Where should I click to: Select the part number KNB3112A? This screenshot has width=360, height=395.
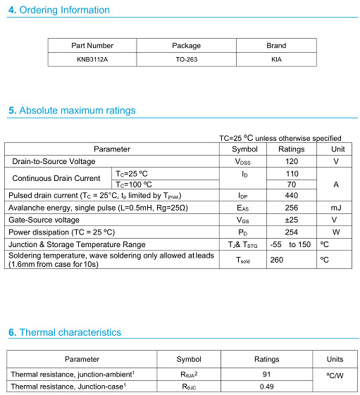tap(92, 60)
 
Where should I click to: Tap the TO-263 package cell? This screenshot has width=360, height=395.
tap(186, 60)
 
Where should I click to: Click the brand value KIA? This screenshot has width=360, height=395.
tap(276, 60)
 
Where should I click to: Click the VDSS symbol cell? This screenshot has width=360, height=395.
tap(244, 161)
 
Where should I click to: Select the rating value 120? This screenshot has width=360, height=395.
tap(291, 161)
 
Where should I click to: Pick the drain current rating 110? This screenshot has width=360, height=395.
tap(291, 173)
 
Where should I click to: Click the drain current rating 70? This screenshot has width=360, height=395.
tap(291, 184)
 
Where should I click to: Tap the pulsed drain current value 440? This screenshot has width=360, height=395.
tap(291, 196)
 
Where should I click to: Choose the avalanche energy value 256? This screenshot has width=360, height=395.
tap(291, 208)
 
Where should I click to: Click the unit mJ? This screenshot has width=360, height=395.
tap(336, 208)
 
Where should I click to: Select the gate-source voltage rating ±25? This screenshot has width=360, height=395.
tap(291, 220)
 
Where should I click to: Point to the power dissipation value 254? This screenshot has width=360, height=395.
tap(291, 232)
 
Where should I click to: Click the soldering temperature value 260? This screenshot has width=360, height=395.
tap(277, 259)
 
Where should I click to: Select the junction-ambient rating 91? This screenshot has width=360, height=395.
tap(266, 375)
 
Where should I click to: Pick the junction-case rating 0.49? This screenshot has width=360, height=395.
tap(266, 387)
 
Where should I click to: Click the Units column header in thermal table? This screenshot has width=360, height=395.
tap(335, 359)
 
